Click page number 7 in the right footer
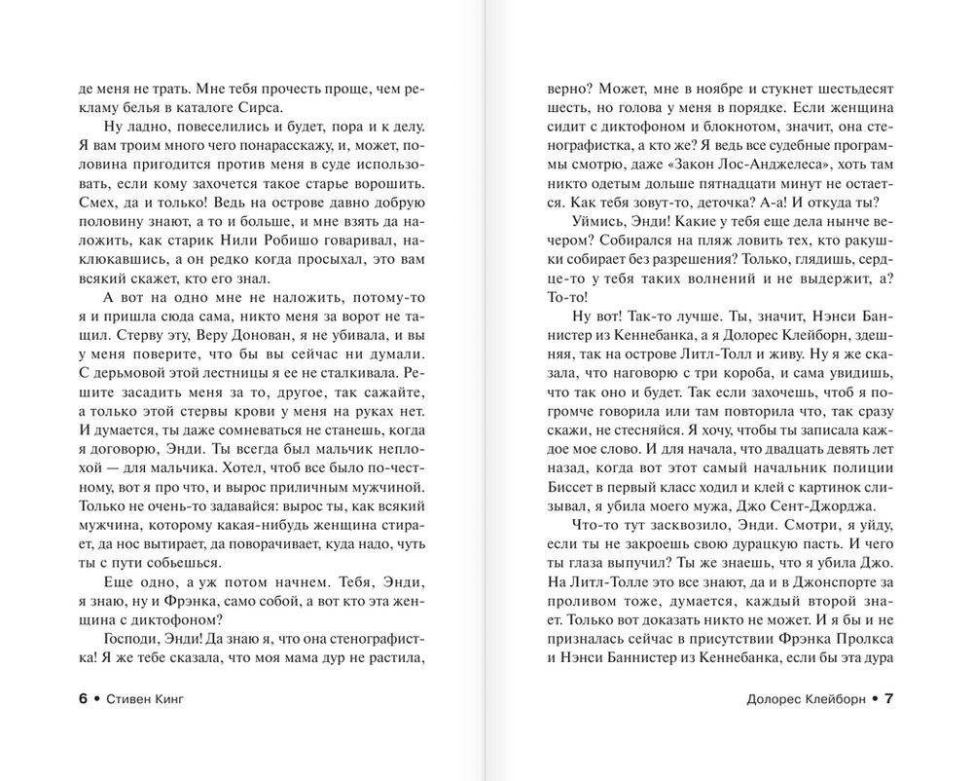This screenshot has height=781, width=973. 888,698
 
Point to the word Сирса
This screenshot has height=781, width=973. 267,108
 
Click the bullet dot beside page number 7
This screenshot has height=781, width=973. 874,698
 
